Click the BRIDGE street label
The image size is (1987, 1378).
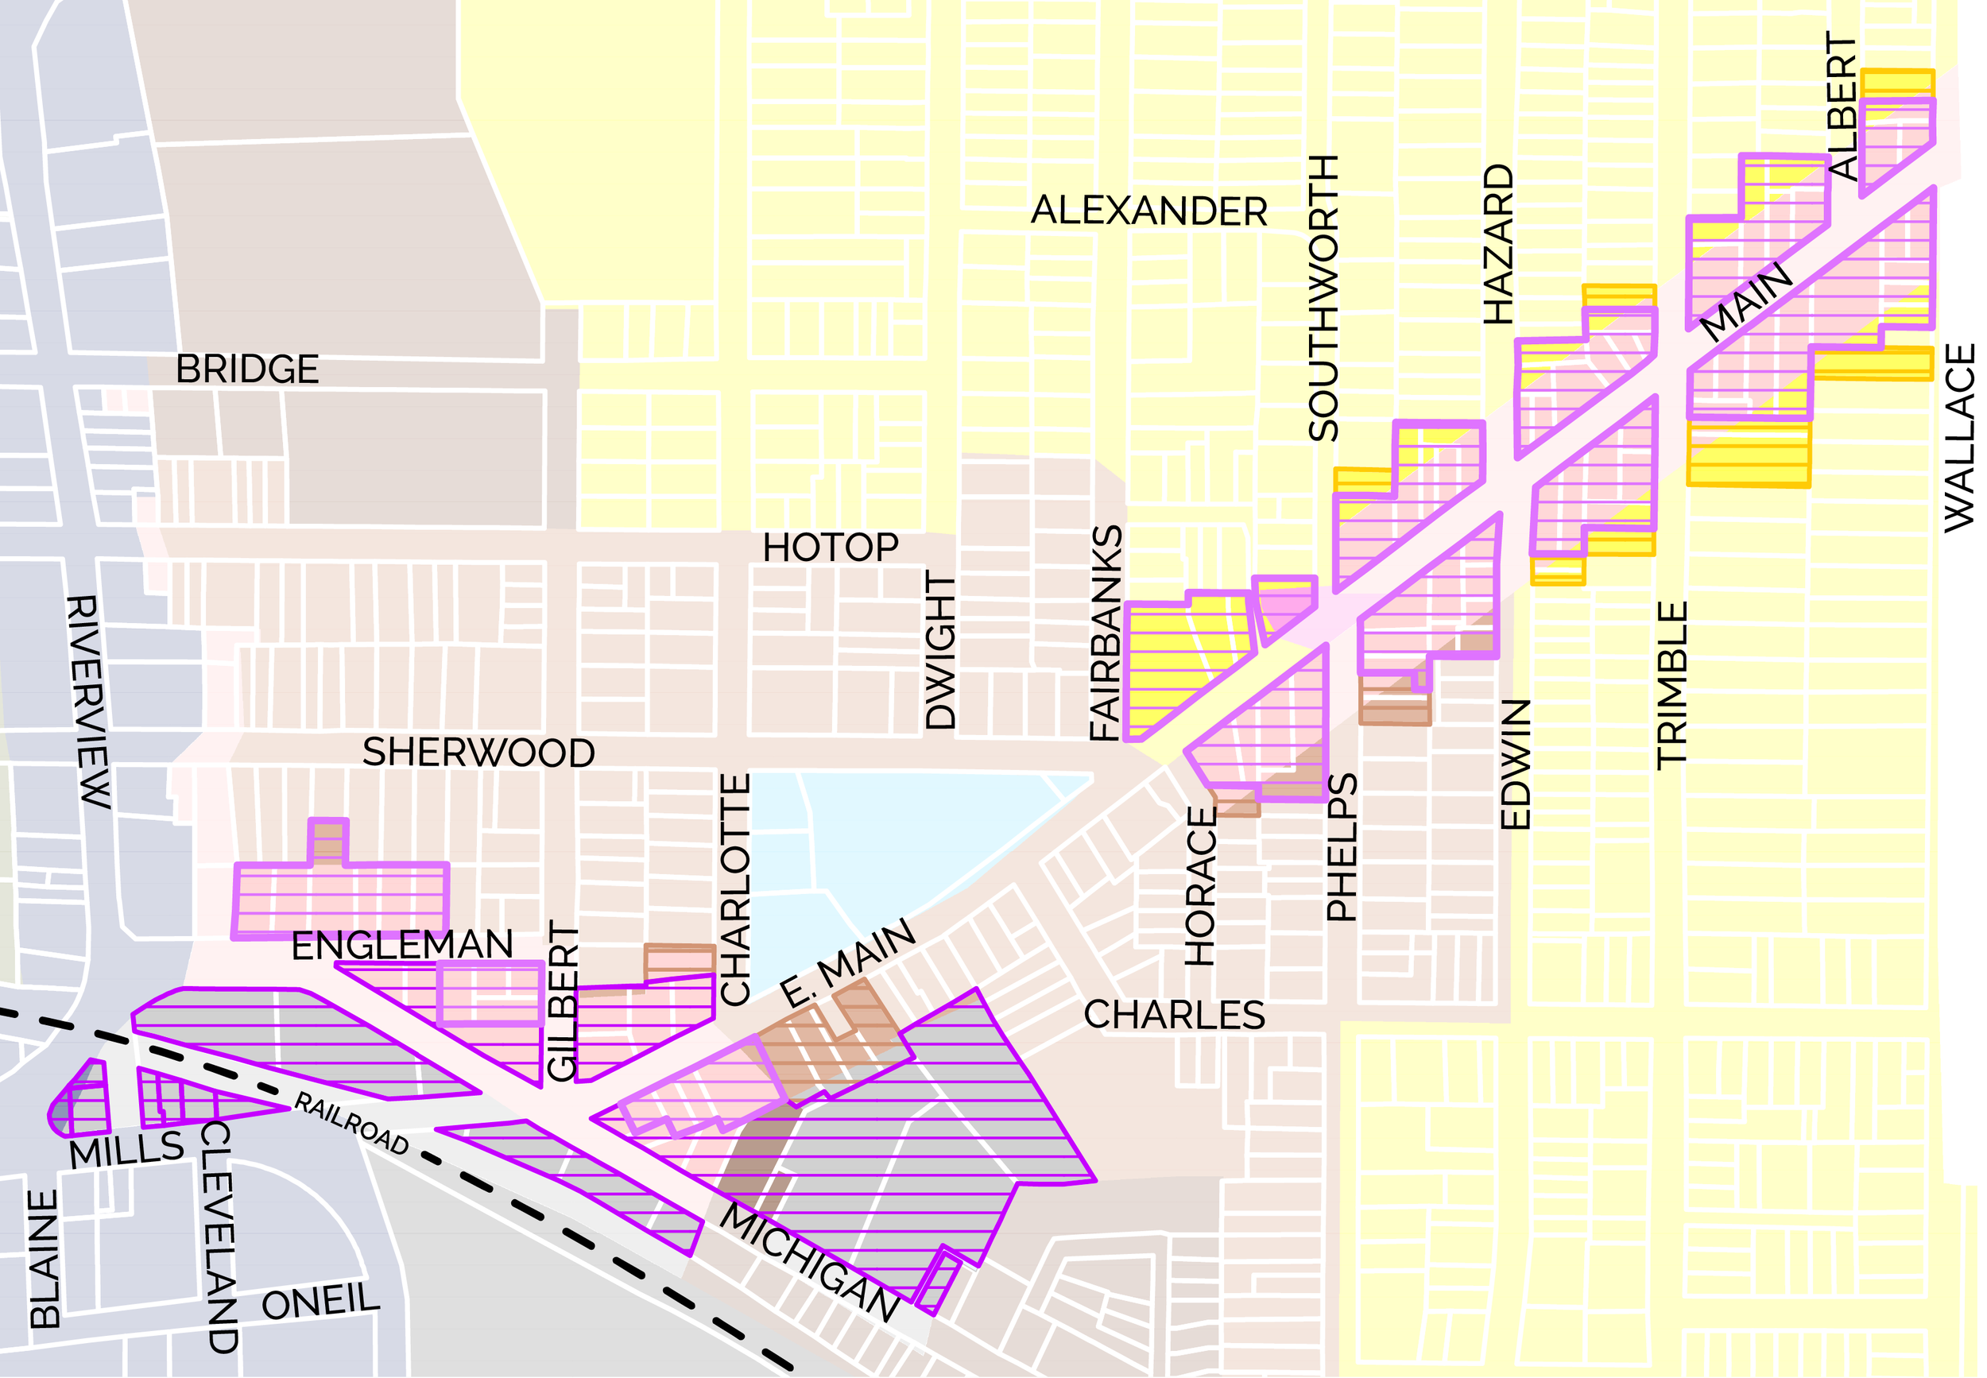point(247,370)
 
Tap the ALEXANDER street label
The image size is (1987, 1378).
point(1148,211)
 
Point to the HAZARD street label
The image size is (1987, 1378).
point(1498,244)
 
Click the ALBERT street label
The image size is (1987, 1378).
point(1841,106)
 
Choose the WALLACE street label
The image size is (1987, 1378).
point(1959,437)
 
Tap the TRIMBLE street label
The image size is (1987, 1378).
point(1671,685)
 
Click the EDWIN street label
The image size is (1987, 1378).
point(1516,764)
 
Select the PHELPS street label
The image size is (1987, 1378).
point(1342,847)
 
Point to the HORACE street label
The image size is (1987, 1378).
point(1200,886)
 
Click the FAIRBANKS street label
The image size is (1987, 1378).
point(1106,633)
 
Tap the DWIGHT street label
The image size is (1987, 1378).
point(940,652)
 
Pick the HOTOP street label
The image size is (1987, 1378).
point(830,548)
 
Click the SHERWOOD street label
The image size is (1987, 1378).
point(478,753)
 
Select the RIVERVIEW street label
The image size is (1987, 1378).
point(88,700)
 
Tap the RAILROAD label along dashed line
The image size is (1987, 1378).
point(351,1123)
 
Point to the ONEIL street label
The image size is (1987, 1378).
point(320,1302)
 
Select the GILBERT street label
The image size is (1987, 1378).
point(562,1001)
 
